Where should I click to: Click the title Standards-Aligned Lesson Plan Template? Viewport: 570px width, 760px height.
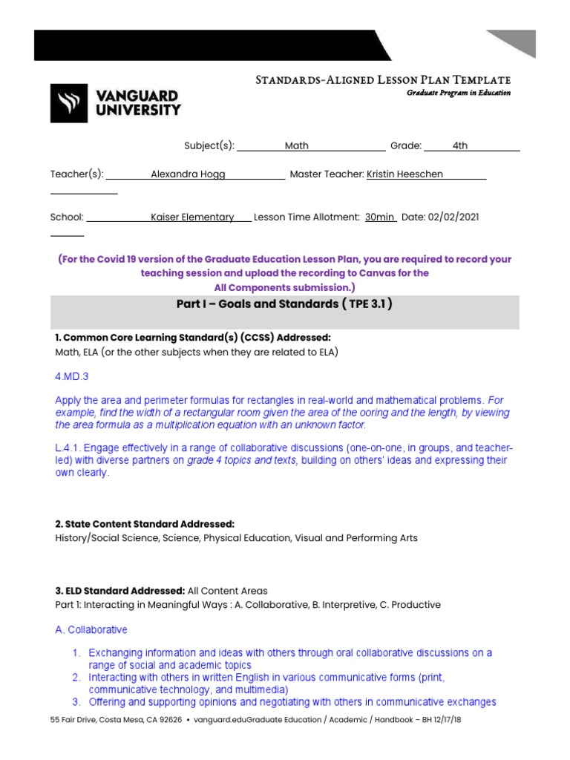382,79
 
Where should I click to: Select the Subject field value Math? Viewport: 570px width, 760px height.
296,146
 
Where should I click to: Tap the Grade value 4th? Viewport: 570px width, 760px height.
460,146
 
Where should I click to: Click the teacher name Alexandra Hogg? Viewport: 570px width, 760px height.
188,174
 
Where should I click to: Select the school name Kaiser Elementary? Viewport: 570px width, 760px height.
192,217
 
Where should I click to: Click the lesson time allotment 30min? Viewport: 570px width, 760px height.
379,217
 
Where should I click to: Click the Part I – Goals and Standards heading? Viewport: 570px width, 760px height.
284,304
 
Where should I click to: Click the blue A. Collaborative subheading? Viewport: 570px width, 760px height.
91,630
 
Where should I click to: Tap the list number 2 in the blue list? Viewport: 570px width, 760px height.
76,678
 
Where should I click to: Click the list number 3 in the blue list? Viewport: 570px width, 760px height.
76,701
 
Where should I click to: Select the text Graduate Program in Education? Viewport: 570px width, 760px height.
458,93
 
